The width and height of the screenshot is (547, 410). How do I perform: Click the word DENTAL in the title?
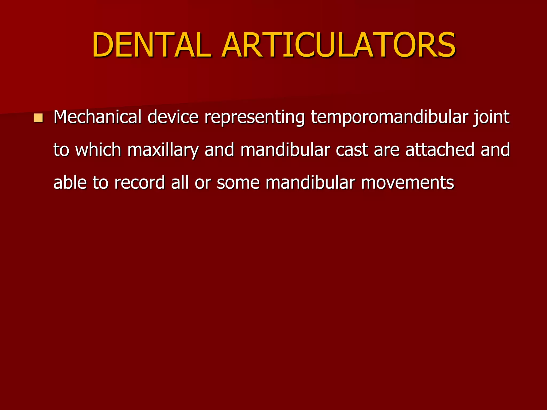click(152, 45)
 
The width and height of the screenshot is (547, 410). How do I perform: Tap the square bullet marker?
click(38, 118)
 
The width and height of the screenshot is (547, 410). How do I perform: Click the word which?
click(98, 150)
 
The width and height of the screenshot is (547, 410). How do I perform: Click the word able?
click(70, 183)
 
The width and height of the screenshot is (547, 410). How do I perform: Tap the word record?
click(140, 183)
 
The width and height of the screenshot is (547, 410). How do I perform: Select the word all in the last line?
click(180, 183)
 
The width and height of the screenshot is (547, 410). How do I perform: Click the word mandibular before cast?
click(285, 150)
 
